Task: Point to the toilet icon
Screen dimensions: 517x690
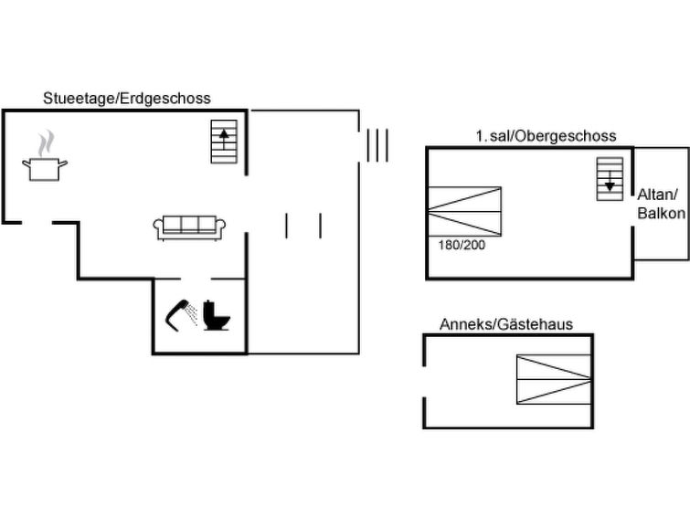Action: (x=218, y=315)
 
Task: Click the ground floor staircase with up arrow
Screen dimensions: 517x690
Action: (x=224, y=142)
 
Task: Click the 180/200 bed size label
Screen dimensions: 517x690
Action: (x=456, y=246)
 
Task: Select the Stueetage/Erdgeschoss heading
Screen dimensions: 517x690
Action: (x=127, y=98)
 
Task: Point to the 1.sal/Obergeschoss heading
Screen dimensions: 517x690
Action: (x=546, y=136)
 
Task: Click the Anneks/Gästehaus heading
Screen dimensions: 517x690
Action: (x=505, y=324)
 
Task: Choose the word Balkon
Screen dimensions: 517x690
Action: (x=660, y=214)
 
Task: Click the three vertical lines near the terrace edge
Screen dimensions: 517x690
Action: (x=377, y=145)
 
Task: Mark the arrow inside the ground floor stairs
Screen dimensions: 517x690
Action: (x=224, y=138)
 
